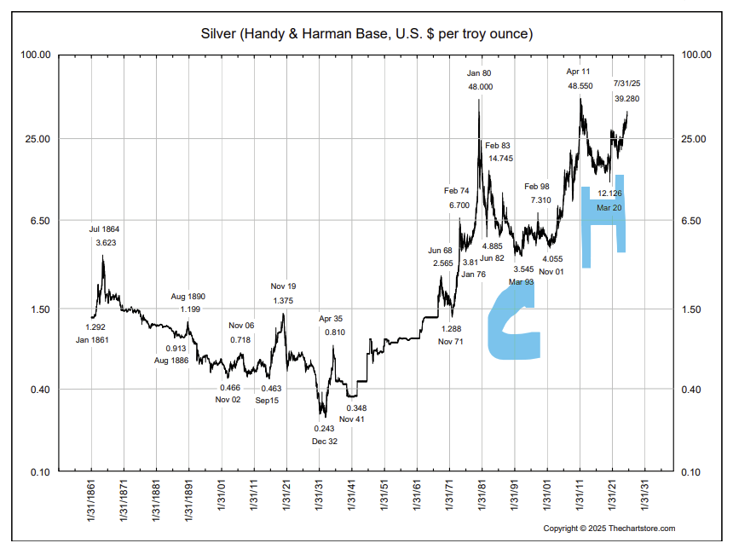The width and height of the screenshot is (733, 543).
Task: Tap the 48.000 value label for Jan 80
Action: click(x=480, y=87)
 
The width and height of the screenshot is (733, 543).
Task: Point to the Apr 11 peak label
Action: click(x=580, y=72)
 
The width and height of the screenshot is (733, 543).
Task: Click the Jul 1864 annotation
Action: click(x=106, y=229)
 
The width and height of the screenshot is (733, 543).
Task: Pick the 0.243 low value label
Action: click(x=324, y=428)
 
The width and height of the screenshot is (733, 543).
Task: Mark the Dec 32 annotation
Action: click(x=324, y=441)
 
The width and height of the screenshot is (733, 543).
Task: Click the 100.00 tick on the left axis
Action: click(x=36, y=55)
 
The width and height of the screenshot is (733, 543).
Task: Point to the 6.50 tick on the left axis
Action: click(x=39, y=221)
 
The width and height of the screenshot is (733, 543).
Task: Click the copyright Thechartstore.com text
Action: click(x=609, y=529)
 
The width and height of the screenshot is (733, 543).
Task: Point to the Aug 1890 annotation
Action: click(x=188, y=297)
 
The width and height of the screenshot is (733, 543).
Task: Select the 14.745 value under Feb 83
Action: click(x=500, y=159)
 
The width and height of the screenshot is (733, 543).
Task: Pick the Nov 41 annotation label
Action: click(x=352, y=419)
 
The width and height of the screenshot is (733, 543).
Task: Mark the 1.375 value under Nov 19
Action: click(x=283, y=300)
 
